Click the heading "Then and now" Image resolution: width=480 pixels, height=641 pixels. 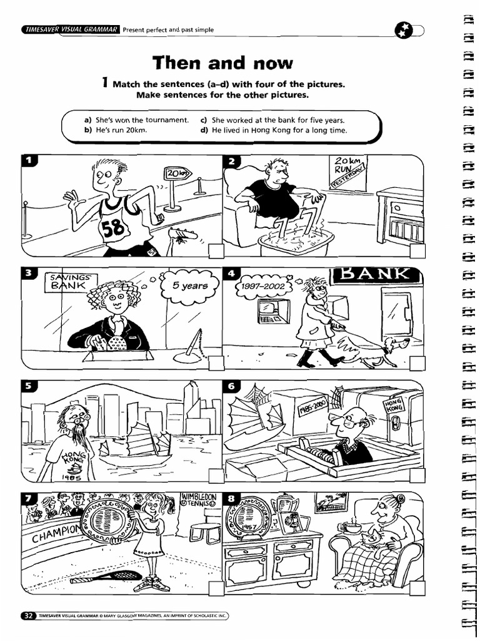click(x=222, y=63)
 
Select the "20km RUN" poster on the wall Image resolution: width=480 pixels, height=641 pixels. click(x=348, y=170)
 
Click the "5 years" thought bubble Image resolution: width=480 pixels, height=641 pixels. click(x=190, y=286)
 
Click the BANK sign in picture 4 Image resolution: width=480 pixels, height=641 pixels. click(x=374, y=274)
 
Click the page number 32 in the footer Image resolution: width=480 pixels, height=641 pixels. click(x=28, y=616)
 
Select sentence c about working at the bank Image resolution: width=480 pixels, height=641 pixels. click(x=272, y=120)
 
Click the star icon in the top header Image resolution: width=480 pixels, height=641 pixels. click(x=404, y=30)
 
